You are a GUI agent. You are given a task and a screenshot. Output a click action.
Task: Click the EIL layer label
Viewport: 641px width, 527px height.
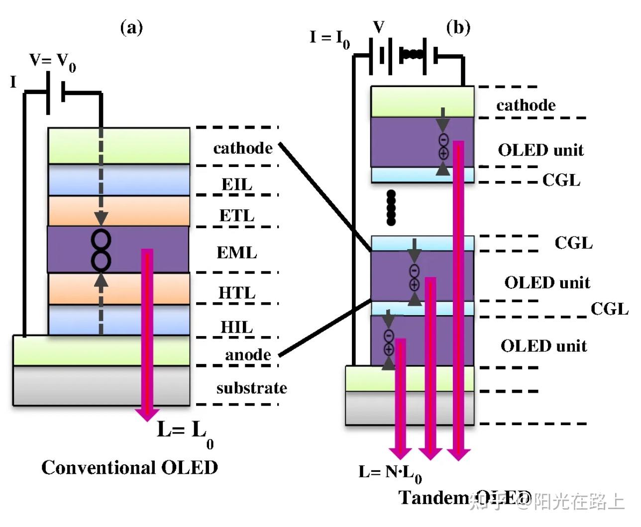pos(237,184)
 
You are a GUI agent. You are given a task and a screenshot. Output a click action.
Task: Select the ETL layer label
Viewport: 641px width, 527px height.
pos(237,216)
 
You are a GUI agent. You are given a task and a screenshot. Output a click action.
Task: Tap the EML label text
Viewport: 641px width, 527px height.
pos(237,253)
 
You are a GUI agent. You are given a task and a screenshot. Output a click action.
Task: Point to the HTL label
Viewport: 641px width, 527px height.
pos(237,293)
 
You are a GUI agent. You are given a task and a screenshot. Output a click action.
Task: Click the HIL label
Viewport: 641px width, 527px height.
pos(237,327)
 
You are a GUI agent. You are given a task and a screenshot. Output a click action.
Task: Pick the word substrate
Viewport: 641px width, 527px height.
pos(251,388)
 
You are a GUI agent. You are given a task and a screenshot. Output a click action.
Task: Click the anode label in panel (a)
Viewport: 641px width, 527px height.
pos(248,354)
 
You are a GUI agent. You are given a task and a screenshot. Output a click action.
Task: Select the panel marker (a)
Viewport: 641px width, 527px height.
pos(131,27)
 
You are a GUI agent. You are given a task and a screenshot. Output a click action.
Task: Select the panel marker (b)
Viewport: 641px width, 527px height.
pos(458,27)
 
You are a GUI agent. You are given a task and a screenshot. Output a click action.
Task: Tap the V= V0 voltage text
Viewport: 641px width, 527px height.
pos(53,62)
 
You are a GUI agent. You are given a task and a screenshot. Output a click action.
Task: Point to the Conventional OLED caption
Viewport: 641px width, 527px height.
pos(129,467)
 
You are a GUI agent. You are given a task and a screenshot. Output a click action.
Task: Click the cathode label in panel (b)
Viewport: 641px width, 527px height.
pos(526,105)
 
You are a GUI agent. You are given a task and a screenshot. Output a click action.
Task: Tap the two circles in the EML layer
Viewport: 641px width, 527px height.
pos(101,250)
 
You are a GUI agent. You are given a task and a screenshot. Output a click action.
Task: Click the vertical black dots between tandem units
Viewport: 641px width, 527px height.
pos(391,207)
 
